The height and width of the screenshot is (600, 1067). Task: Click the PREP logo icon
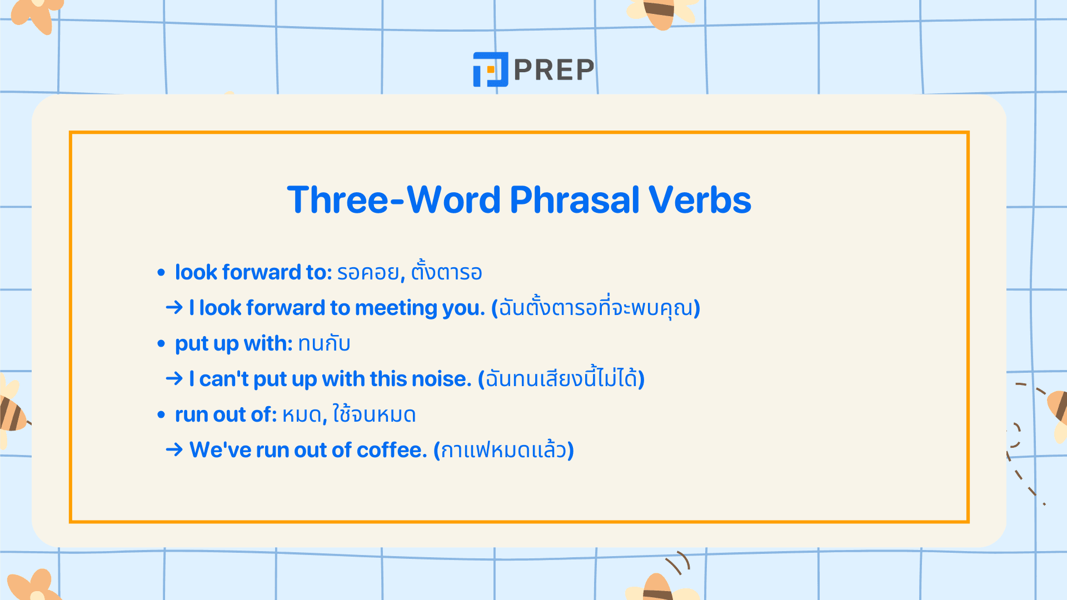point(490,69)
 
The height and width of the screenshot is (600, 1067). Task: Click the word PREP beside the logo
point(554,70)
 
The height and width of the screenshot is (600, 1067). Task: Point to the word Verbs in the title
point(700,200)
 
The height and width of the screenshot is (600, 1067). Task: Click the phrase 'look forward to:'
point(253,272)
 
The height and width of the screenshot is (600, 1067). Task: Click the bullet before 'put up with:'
point(161,344)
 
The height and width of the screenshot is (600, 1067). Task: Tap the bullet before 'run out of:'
point(161,415)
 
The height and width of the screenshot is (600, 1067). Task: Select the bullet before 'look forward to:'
point(161,273)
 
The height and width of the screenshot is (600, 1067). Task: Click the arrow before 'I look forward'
point(174,307)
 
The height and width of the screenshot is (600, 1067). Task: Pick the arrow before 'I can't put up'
point(174,378)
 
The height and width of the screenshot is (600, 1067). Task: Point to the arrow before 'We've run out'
point(174,449)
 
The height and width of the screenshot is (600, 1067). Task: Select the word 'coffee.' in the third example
point(392,450)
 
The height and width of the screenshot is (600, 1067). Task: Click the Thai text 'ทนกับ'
point(324,344)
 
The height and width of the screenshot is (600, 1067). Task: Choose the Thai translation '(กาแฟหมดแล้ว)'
point(503,450)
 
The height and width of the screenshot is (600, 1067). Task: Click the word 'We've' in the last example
point(220,450)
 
